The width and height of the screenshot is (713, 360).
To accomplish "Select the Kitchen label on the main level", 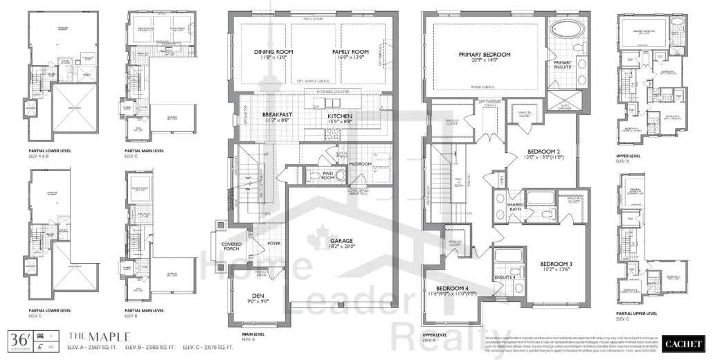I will click(341, 116).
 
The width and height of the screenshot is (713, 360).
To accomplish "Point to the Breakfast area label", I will click(277, 115).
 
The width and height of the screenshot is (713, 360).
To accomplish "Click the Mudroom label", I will click(360, 164).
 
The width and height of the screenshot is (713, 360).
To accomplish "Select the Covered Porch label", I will click(231, 247).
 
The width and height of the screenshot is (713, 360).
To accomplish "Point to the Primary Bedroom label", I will click(485, 55).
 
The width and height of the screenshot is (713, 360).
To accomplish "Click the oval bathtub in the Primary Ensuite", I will click(566, 31).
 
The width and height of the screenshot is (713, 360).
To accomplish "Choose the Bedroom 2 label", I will click(544, 152).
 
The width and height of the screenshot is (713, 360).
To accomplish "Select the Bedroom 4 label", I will click(452, 288).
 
